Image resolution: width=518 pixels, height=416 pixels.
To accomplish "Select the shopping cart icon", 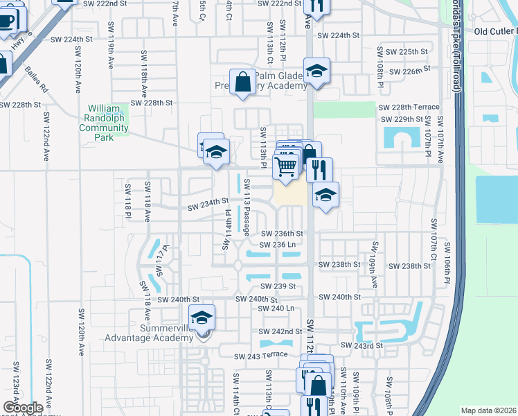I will pyautogui.click(x=285, y=166).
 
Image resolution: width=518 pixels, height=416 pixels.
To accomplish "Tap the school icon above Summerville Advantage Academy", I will pyautogui.click(x=202, y=318).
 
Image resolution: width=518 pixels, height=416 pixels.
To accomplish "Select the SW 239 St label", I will pyautogui.click(x=278, y=286).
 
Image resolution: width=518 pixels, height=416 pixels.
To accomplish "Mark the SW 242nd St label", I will pyautogui.click(x=280, y=332).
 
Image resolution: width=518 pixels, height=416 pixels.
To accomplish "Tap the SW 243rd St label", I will pyautogui.click(x=361, y=345).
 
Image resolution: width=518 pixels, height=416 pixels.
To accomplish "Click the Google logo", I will pyautogui.click(x=23, y=407).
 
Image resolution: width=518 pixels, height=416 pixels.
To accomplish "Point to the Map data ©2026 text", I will pyautogui.click(x=488, y=410).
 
